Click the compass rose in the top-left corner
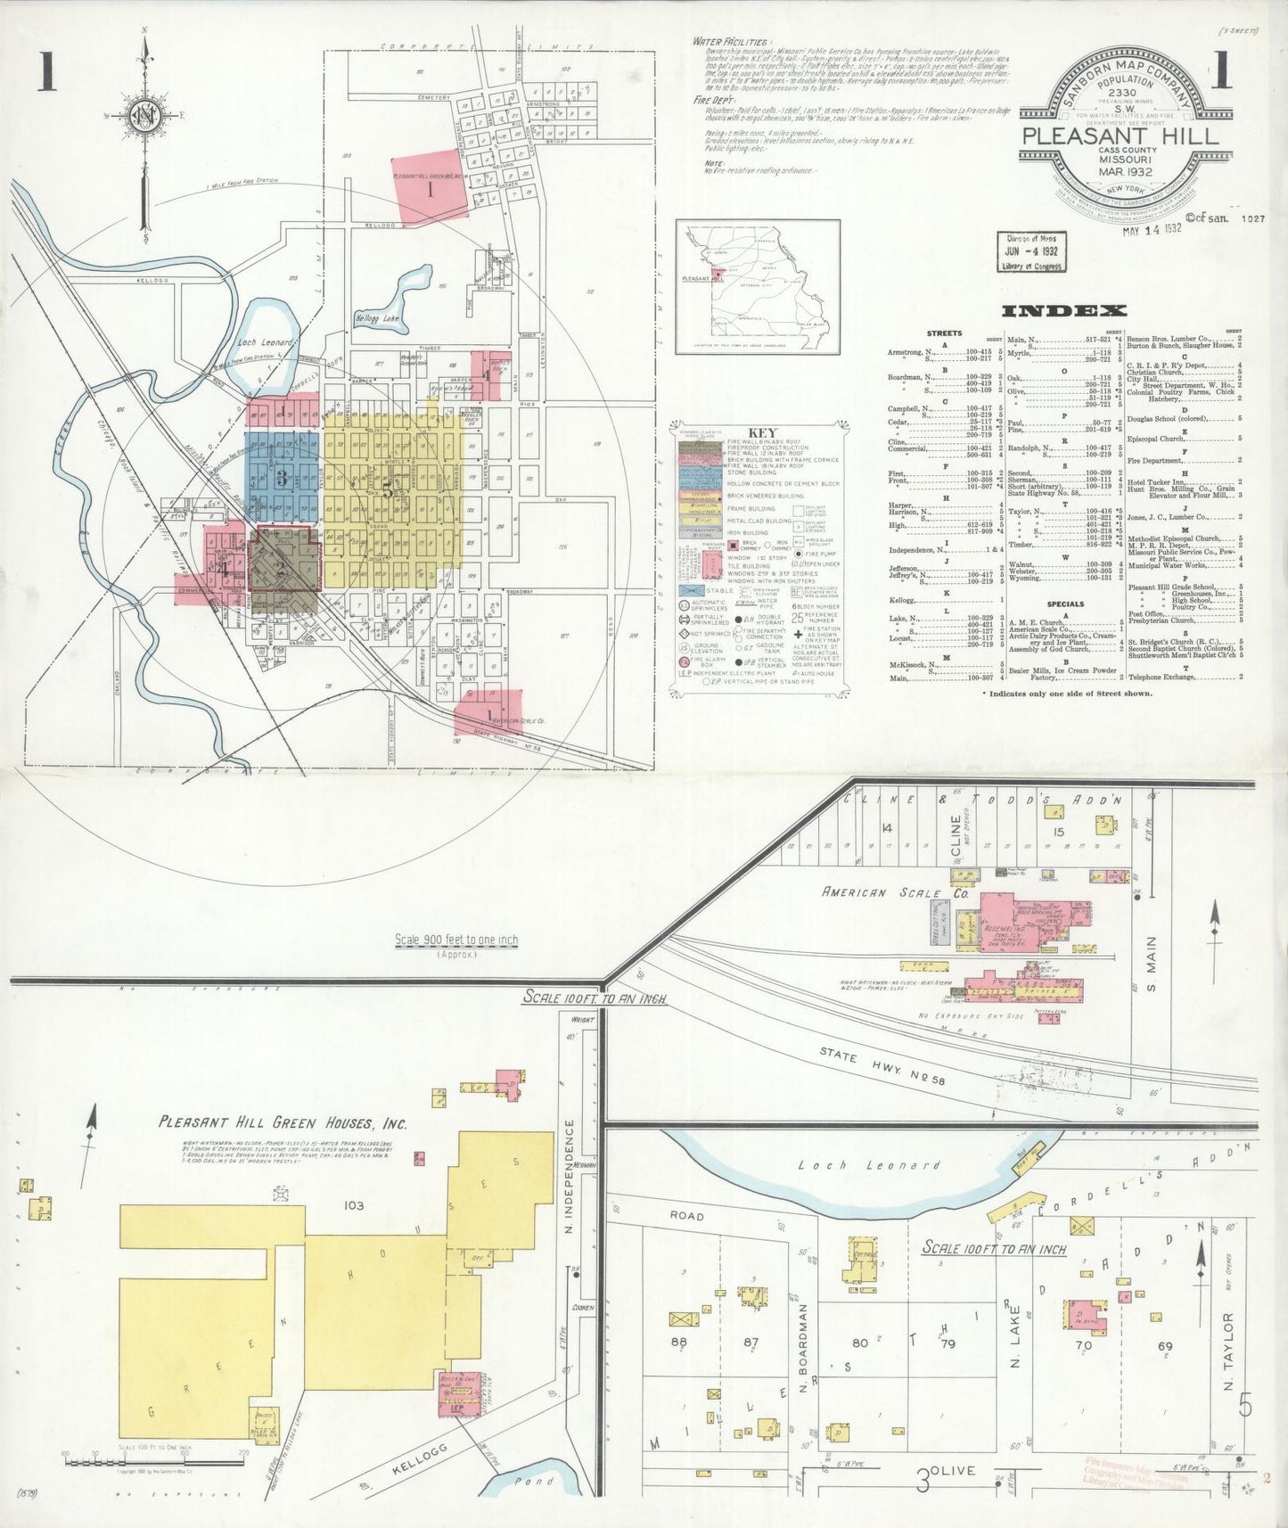pyautogui.click(x=144, y=115)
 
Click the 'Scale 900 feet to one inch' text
pyautogui.click(x=455, y=940)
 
